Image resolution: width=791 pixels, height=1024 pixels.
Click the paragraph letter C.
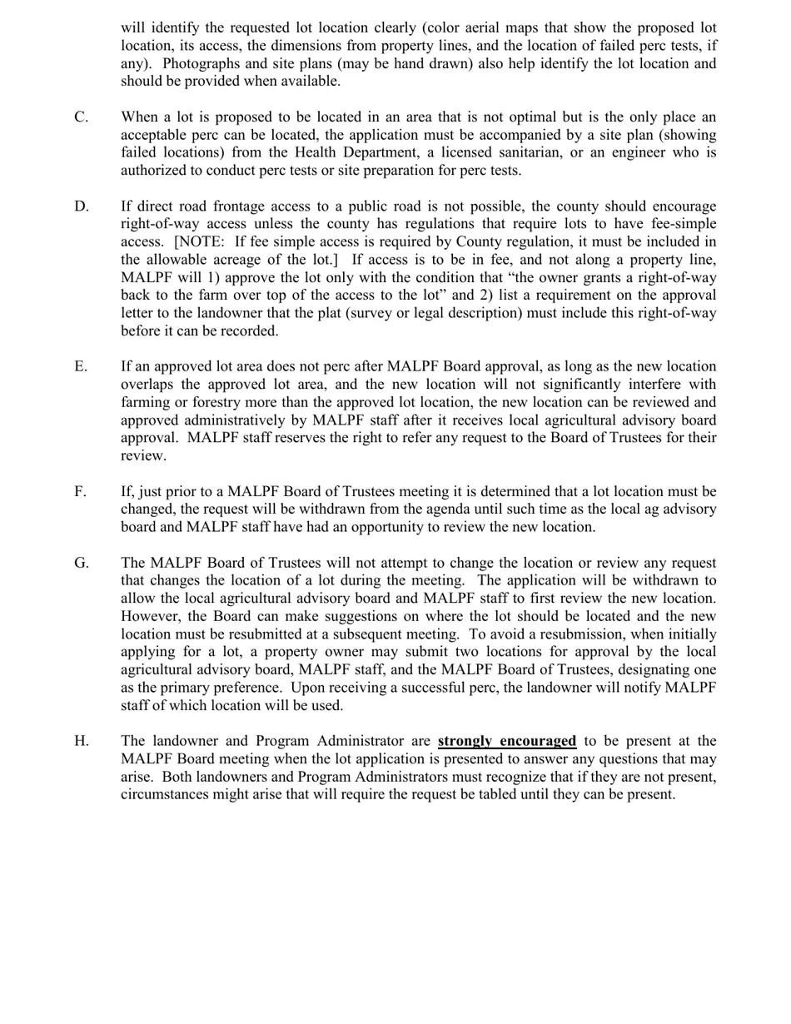pyautogui.click(x=81, y=117)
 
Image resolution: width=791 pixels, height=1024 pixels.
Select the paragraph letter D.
pyautogui.click(x=82, y=206)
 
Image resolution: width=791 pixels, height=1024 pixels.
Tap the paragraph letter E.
pyautogui.click(x=81, y=367)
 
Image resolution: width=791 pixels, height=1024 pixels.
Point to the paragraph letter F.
pyautogui.click(x=80, y=492)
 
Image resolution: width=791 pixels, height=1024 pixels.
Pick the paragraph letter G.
pyautogui.click(x=82, y=564)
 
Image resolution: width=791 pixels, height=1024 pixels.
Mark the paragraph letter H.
pyautogui.click(x=82, y=742)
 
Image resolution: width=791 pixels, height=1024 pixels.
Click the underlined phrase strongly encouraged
pyautogui.click(x=506, y=742)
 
